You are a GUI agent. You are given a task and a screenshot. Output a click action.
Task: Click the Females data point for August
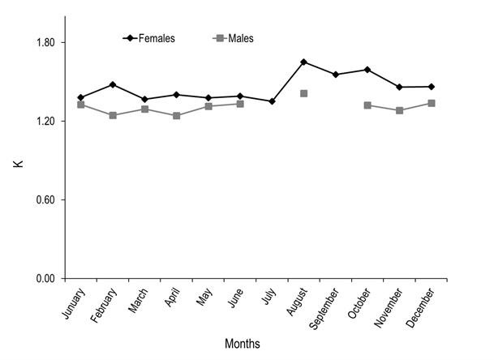coord(303,62)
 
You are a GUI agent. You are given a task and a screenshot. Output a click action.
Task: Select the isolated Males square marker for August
coord(303,93)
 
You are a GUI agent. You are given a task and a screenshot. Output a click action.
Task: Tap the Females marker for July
coord(272,101)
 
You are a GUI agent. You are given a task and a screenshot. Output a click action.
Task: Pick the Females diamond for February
coord(113,84)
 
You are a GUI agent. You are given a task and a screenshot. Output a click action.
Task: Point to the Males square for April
coord(176,116)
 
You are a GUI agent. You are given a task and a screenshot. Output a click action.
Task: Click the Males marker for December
coord(431,103)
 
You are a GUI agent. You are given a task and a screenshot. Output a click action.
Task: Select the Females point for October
coord(367,70)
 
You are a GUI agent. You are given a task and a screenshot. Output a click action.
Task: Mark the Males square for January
coord(81,105)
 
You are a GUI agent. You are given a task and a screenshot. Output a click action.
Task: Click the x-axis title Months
coord(243,344)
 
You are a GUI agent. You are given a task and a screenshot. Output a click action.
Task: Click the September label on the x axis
coord(324,309)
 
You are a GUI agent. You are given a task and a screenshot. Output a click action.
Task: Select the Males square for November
coord(399,110)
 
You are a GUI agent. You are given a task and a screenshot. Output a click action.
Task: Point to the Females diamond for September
coord(336,75)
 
